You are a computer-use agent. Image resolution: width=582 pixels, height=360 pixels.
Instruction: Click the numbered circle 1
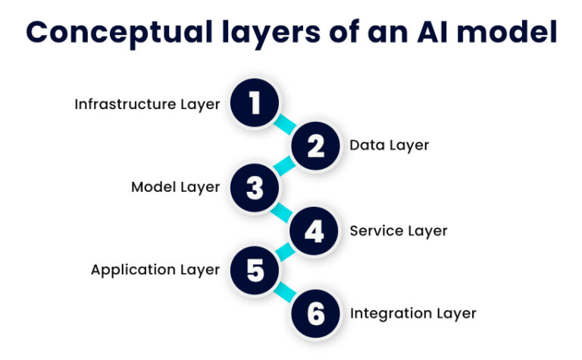[255, 104]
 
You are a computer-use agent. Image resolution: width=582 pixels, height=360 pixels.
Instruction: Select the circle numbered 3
[255, 187]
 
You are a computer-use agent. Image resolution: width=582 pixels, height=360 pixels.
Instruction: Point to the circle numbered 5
[255, 270]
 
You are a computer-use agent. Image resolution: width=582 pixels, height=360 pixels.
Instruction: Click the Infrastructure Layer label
[147, 105]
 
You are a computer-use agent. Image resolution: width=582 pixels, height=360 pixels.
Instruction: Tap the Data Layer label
[389, 146]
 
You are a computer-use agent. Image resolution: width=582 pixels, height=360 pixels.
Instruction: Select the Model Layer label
[175, 187]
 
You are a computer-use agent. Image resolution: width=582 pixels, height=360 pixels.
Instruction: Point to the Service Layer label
[398, 230]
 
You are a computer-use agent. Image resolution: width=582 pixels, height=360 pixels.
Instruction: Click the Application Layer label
[155, 270]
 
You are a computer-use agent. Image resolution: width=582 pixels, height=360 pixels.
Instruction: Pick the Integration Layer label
[412, 313]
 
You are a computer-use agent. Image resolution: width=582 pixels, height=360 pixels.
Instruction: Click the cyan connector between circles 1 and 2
[286, 125]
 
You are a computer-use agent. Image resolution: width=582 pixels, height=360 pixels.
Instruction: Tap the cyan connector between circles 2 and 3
[284, 167]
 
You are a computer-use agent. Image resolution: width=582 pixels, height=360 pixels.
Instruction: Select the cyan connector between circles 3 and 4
[286, 209]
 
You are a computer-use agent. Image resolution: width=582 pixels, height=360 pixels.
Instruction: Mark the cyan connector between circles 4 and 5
[284, 250]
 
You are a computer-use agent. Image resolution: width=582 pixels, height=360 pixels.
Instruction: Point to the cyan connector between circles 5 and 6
[286, 292]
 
